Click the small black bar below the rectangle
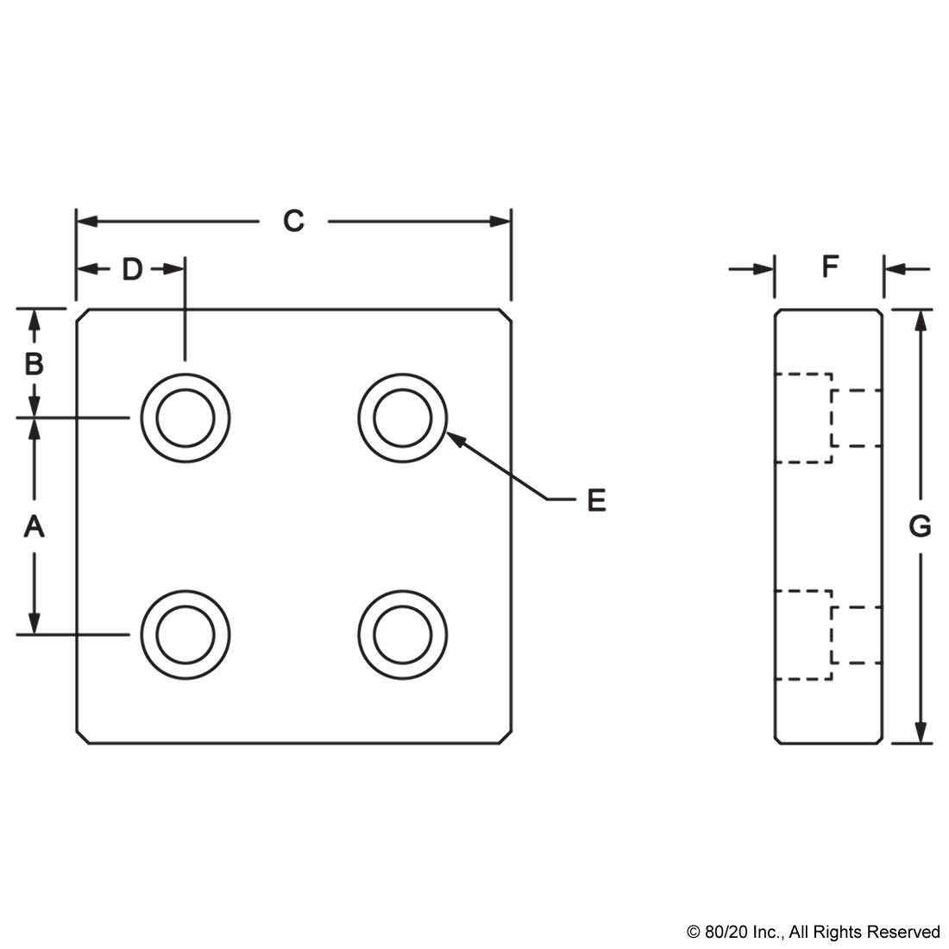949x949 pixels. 813,933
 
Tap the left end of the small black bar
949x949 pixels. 688,933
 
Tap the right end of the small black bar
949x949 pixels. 938,933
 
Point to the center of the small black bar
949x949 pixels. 813,933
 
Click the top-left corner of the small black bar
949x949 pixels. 687,925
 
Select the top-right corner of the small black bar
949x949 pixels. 939,925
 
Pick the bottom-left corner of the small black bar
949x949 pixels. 687,941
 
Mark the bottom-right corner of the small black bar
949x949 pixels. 939,941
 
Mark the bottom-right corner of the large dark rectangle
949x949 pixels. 933,745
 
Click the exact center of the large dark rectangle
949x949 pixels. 474,476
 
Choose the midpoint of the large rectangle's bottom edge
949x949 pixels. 474,745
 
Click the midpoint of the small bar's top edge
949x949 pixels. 813,925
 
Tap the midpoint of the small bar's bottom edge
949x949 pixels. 813,941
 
